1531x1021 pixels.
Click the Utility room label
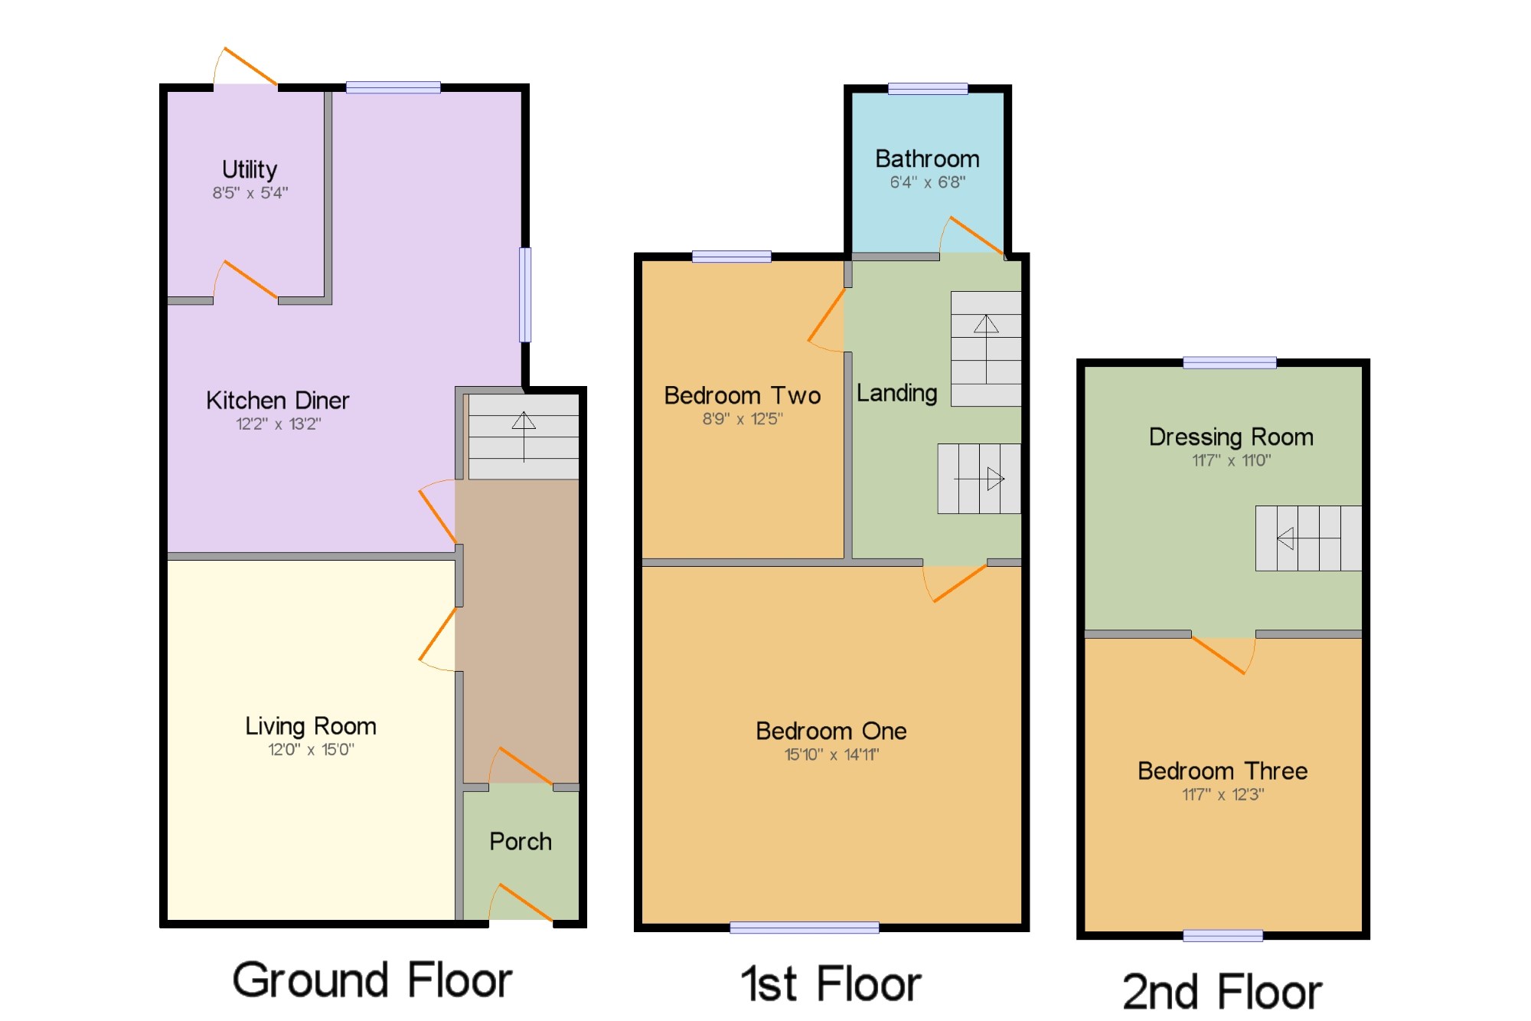(250, 169)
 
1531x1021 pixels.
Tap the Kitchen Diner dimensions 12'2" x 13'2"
(279, 424)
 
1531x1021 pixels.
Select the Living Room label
(311, 726)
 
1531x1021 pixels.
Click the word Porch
(521, 841)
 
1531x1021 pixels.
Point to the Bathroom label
(927, 159)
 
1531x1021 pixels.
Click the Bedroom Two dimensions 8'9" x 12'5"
(743, 419)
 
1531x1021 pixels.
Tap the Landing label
(897, 394)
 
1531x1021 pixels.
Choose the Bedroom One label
(831, 731)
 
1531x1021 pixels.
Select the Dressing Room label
(1231, 437)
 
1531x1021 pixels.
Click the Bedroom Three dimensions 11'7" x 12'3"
(1223, 795)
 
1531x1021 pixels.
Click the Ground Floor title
(373, 980)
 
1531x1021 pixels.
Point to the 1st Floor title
(831, 983)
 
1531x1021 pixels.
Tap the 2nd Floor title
(1223, 992)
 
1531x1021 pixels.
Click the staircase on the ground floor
(524, 437)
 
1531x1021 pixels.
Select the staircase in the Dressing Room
(1308, 538)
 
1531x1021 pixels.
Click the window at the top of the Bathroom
(928, 89)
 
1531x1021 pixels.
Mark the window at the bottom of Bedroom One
(805, 928)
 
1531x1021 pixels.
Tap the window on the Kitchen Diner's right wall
(525, 295)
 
